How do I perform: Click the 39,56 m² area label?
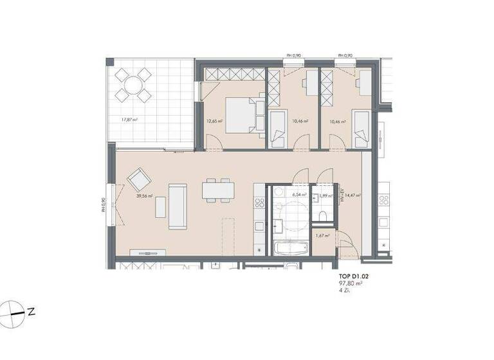click(x=143, y=197)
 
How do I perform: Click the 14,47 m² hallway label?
click(x=352, y=195)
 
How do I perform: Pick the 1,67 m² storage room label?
click(x=322, y=236)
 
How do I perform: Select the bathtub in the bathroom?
click(x=291, y=249)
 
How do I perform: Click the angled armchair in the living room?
click(x=139, y=179)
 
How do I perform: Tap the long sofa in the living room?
click(x=178, y=206)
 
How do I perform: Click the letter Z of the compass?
click(x=31, y=312)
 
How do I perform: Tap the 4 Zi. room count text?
click(x=345, y=291)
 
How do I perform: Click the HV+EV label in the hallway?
click(x=342, y=195)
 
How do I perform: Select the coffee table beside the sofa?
click(x=159, y=206)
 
